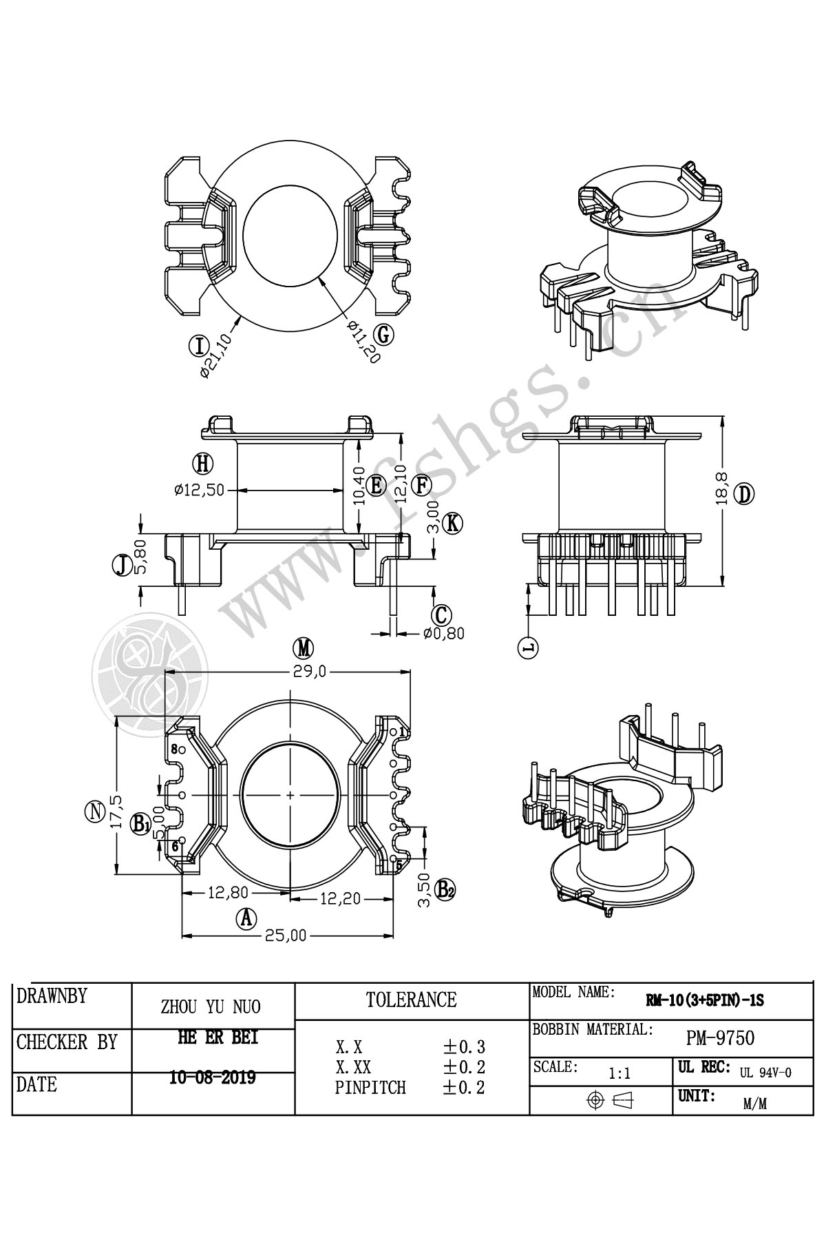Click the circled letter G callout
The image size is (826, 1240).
click(x=385, y=334)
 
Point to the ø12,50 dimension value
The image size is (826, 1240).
click(x=199, y=490)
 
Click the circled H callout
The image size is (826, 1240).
click(x=202, y=464)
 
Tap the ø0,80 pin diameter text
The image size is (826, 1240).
click(x=444, y=633)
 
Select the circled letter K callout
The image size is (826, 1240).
click(x=452, y=524)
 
